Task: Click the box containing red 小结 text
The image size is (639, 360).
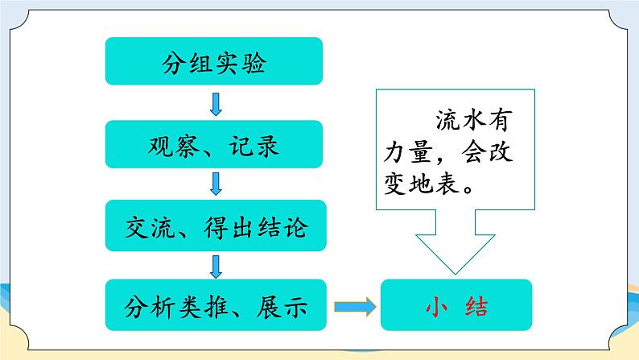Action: click(x=456, y=305)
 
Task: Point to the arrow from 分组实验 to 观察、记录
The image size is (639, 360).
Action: click(x=216, y=103)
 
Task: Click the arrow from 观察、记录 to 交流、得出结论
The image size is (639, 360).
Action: click(x=216, y=184)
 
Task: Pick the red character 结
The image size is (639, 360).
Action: click(x=480, y=306)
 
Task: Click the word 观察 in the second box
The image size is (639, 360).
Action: click(x=172, y=145)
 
